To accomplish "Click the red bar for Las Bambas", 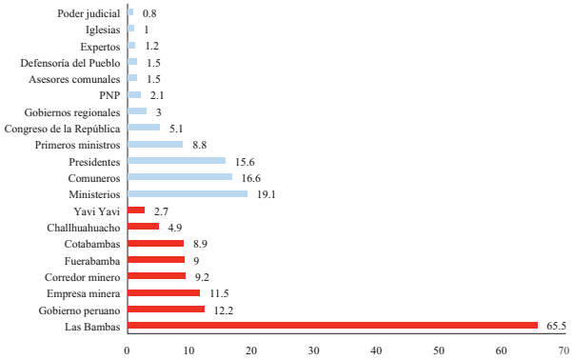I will point(332,326).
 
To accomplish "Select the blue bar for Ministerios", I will point(187,193).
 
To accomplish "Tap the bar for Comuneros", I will point(179,177).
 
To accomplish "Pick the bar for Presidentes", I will point(176,160).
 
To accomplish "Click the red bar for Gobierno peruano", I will point(166,310).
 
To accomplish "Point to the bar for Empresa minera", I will point(163,292).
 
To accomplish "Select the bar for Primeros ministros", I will point(154,144).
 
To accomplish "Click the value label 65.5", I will point(556,326).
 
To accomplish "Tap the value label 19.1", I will point(267,193).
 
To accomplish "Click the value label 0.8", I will point(148,14).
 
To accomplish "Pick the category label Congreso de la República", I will point(63,128).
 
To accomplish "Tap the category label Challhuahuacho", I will point(84,227).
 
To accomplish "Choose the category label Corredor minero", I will point(83,276).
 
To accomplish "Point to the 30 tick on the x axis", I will point(314,350).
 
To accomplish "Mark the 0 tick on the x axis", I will point(128,350).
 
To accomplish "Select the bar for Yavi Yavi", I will point(136,210).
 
